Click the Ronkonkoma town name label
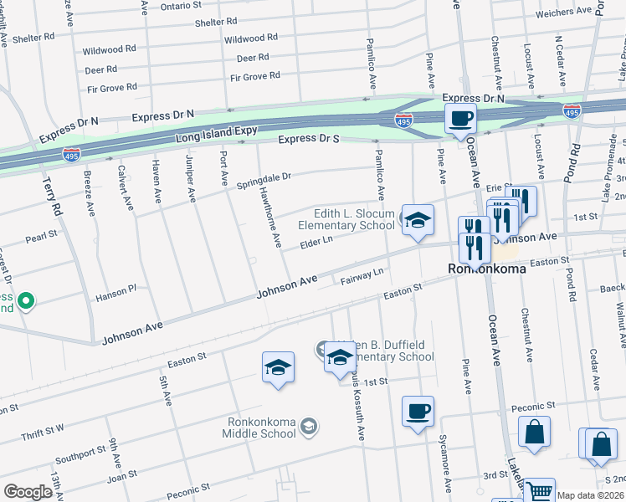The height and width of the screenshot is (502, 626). tap(487, 270)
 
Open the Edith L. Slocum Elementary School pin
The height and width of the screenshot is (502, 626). tap(418, 220)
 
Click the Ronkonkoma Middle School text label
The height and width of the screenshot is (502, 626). tap(259, 428)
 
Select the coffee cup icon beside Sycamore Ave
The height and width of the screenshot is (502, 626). tap(418, 412)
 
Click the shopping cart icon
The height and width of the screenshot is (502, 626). tap(538, 491)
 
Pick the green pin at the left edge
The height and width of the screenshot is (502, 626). tap(26, 300)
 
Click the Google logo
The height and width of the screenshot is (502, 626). tap(28, 491)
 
